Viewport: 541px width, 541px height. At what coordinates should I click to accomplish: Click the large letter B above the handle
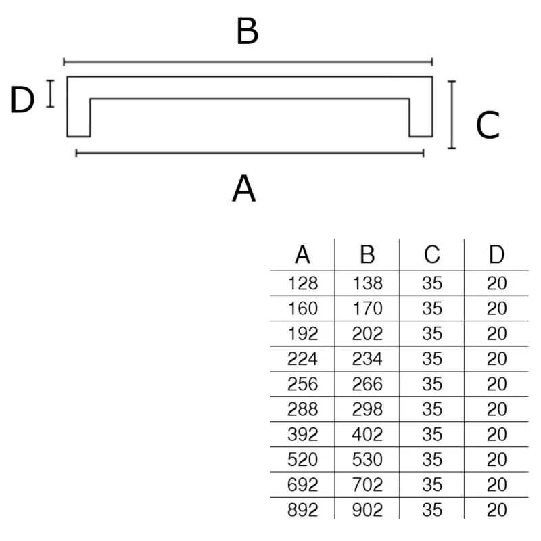pyautogui.click(x=248, y=31)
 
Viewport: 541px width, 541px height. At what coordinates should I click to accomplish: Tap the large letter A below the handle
pyautogui.click(x=244, y=189)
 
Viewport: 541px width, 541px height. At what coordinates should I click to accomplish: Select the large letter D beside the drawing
pyautogui.click(x=23, y=99)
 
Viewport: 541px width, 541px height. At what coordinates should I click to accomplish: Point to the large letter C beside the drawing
pyautogui.click(x=488, y=125)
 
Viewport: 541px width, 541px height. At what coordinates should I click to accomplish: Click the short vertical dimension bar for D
pyautogui.click(x=50, y=93)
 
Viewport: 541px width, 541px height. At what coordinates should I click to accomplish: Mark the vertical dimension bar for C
pyautogui.click(x=452, y=115)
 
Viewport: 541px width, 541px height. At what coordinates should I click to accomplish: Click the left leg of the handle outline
pyautogui.click(x=78, y=117)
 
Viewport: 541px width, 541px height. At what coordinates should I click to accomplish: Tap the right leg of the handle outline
pyautogui.click(x=421, y=117)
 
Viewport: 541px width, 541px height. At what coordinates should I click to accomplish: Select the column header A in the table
pyautogui.click(x=302, y=255)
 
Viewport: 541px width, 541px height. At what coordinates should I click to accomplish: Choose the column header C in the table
pyautogui.click(x=432, y=255)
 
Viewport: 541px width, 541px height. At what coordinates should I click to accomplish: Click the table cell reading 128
pyautogui.click(x=303, y=283)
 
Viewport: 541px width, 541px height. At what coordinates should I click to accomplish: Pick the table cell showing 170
pyautogui.click(x=367, y=308)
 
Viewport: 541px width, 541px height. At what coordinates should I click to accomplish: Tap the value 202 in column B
pyautogui.click(x=367, y=333)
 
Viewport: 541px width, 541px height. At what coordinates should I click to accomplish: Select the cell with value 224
pyautogui.click(x=302, y=359)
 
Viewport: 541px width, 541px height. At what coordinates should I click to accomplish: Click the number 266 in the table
pyautogui.click(x=367, y=384)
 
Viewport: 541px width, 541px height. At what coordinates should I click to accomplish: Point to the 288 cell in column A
pyautogui.click(x=302, y=409)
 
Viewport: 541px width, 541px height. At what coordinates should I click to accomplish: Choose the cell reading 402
pyautogui.click(x=367, y=434)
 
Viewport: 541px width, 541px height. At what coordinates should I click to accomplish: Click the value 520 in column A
pyautogui.click(x=302, y=460)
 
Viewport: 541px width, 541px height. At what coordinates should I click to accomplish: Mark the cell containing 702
pyautogui.click(x=367, y=485)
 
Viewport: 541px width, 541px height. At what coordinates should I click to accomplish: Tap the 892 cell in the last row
pyautogui.click(x=302, y=510)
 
